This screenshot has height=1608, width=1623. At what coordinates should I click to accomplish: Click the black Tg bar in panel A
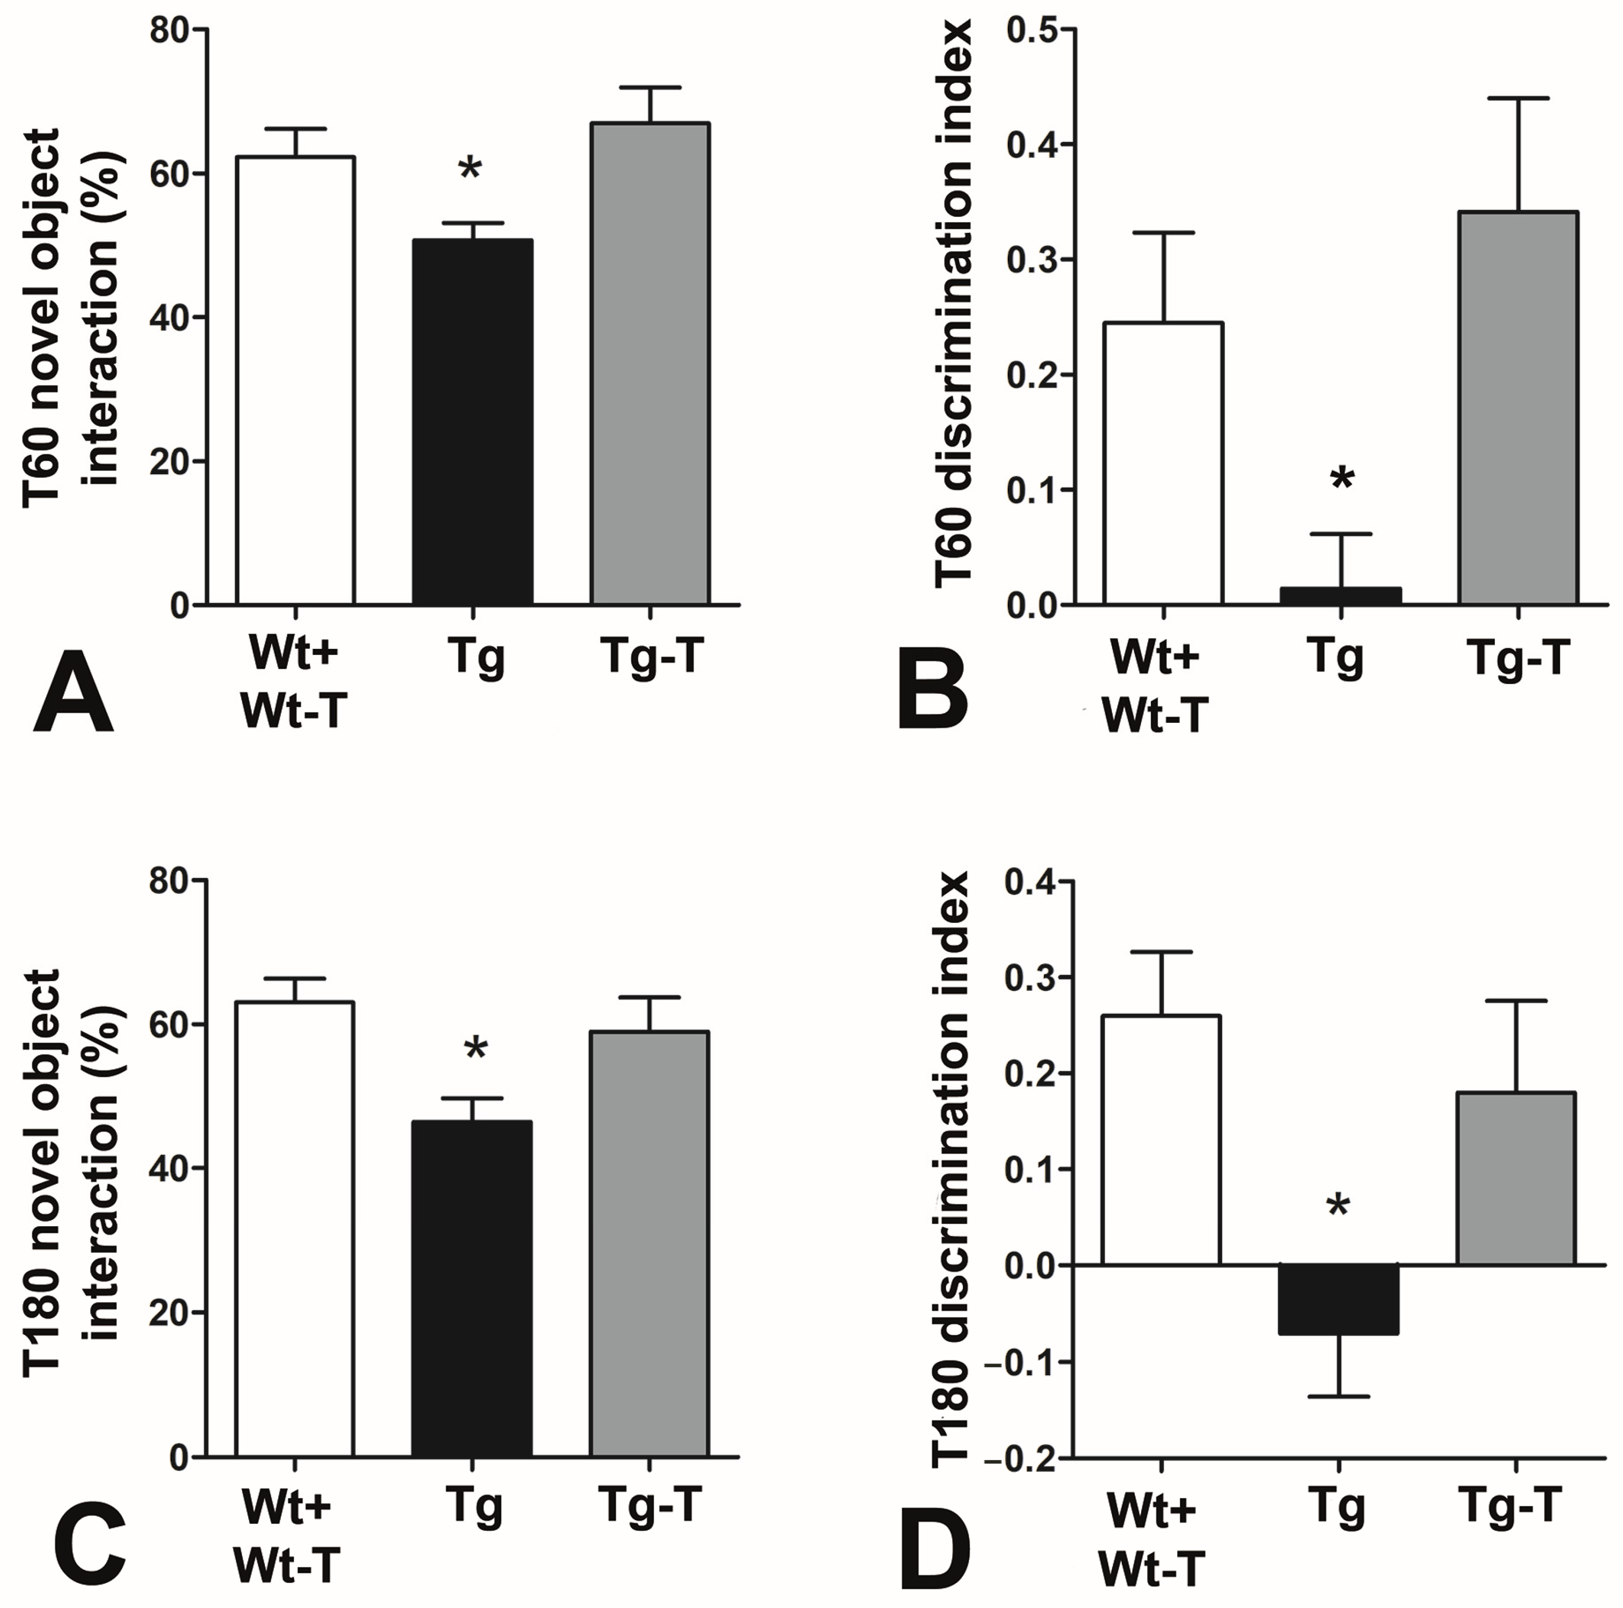tap(472, 423)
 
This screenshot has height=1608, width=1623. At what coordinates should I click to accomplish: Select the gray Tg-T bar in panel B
tap(1518, 408)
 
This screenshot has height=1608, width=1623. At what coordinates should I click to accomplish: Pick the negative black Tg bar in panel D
tap(1339, 1299)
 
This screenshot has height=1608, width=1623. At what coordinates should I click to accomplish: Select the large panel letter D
tap(934, 1552)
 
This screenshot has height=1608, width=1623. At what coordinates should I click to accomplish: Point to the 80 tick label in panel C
tap(168, 882)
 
